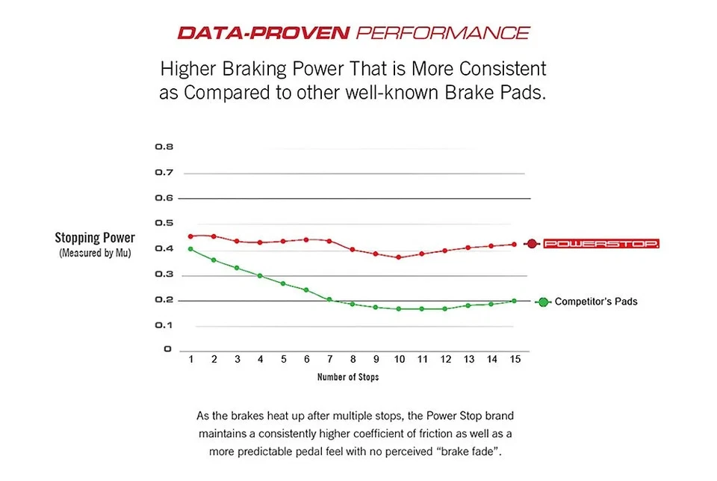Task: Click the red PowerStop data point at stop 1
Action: point(190,236)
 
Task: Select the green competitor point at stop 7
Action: point(329,299)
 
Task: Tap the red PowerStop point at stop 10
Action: point(399,257)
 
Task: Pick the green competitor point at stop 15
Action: point(514,301)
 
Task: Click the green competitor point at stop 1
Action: point(190,249)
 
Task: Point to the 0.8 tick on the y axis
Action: point(164,147)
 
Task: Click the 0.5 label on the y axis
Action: point(164,223)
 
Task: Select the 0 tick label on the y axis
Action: point(167,349)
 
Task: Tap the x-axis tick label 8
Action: point(353,360)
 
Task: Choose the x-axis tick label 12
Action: point(445,360)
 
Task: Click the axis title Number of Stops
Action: point(348,377)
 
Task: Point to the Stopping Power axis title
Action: point(95,238)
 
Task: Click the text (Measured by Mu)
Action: point(95,254)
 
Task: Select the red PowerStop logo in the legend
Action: point(601,244)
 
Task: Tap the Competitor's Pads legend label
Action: point(596,302)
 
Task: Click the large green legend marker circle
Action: point(543,302)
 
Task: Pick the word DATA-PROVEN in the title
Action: point(264,33)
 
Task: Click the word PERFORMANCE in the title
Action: point(443,33)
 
